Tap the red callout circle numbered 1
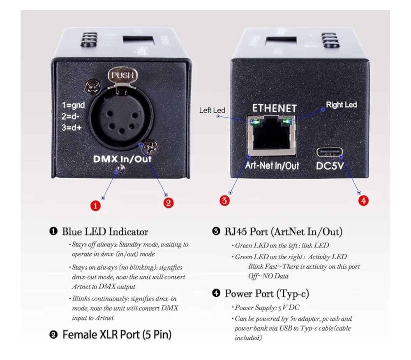coord(95,205)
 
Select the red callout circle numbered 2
coord(168,202)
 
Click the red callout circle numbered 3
coord(224,200)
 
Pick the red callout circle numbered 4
coord(363,200)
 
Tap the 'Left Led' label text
coord(212,110)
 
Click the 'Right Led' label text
coord(341,105)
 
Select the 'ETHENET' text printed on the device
coord(274,108)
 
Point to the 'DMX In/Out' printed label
coord(122,159)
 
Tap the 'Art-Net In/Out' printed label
coord(272,166)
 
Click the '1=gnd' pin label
coord(73,105)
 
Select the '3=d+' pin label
coord(73,127)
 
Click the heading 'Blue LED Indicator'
coord(105,231)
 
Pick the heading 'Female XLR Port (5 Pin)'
coord(116,335)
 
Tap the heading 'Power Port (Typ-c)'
coord(266,293)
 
